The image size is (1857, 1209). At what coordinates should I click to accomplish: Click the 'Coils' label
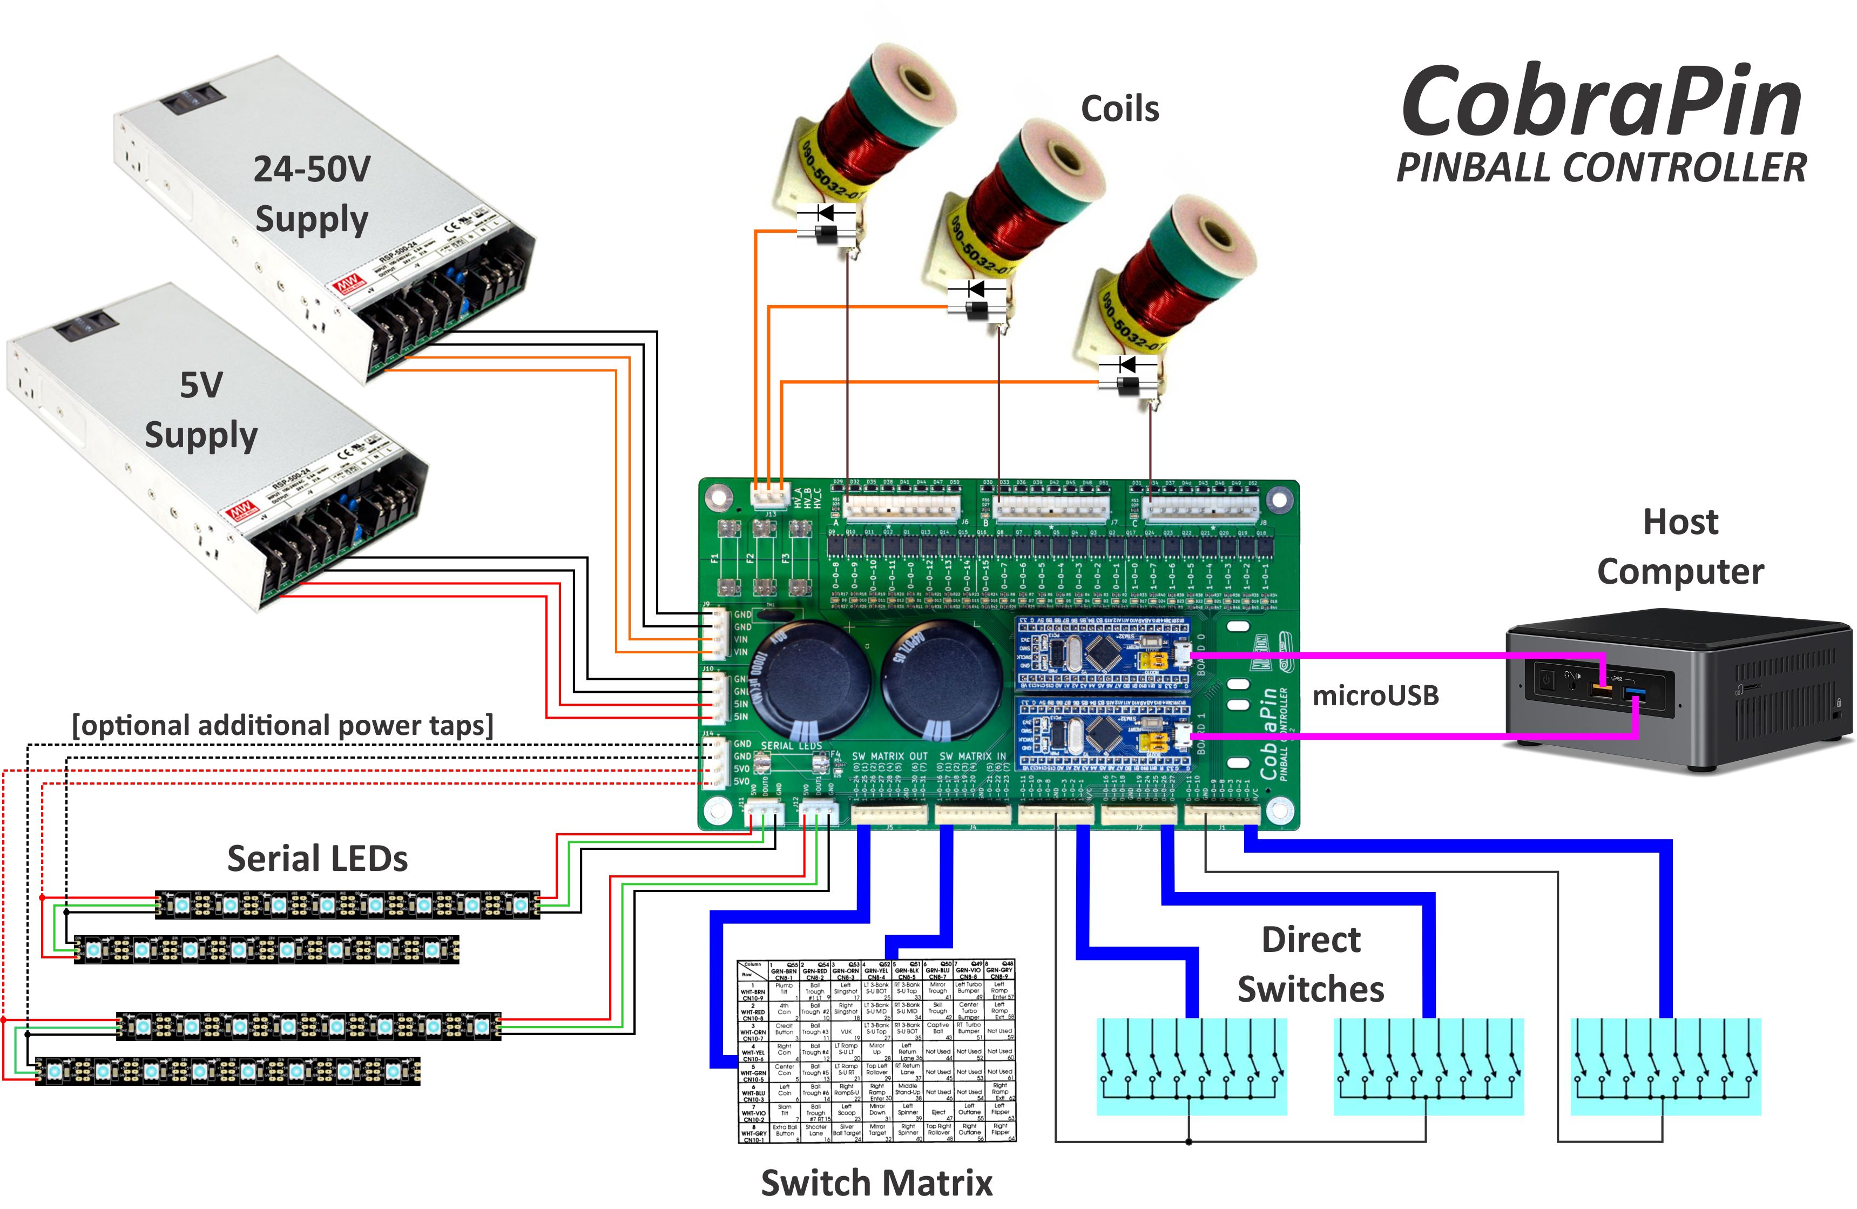coord(1120,109)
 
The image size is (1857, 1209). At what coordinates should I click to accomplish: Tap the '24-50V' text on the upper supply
coord(312,169)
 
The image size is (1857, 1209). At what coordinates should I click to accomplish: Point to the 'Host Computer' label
coord(1680,546)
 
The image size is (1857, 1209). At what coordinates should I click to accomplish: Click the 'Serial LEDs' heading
coord(317,859)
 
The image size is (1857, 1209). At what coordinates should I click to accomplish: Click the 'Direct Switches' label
coord(1311,965)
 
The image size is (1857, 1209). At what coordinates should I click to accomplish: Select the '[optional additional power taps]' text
coord(282,725)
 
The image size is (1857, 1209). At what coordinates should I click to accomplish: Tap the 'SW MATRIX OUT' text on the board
coord(889,756)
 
